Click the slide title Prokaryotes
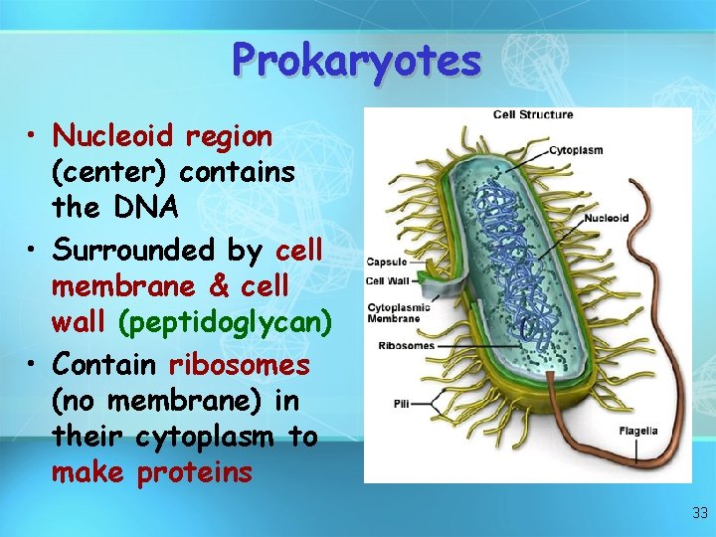pos(357,61)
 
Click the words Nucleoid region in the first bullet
pos(162,135)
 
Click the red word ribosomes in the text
pos(240,365)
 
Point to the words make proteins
pos(152,472)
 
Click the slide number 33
pos(700,513)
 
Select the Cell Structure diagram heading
pos(533,114)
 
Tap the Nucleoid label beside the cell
pos(606,219)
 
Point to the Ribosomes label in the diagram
pos(406,345)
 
